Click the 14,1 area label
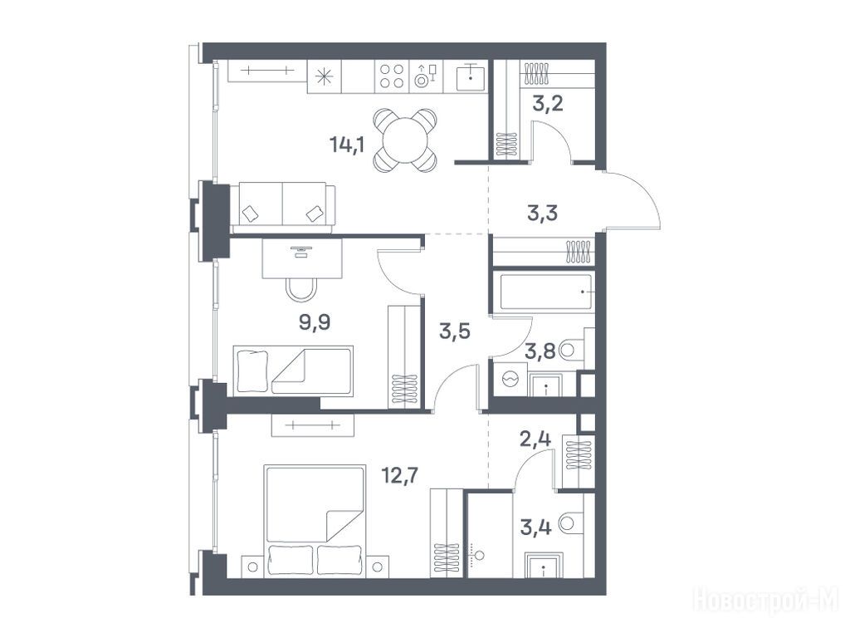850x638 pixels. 347,145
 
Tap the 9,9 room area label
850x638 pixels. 315,323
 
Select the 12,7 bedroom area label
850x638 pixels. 400,476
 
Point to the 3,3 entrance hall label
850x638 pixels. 542,213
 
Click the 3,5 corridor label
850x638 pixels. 454,331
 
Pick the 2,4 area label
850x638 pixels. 535,439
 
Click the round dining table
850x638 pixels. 405,140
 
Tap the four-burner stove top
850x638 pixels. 392,76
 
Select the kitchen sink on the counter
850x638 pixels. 471,77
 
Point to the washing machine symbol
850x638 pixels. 510,379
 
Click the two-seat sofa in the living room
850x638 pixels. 282,208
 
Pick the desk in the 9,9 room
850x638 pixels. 302,258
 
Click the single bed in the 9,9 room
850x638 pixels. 293,371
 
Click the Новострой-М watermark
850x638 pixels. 766,600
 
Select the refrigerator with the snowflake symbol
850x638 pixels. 325,76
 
